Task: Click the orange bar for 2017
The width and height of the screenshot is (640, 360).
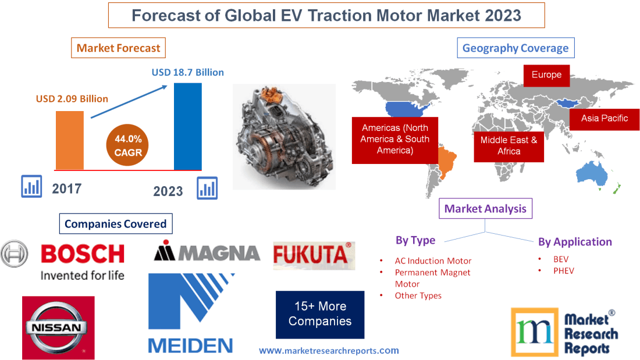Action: point(69,140)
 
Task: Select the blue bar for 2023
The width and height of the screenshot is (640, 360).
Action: point(188,126)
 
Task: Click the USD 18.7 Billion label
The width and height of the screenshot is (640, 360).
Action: point(187,73)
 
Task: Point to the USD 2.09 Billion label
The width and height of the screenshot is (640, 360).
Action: point(72,99)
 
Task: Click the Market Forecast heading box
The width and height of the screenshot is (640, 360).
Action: point(118,48)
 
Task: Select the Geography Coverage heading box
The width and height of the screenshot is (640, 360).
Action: point(515,48)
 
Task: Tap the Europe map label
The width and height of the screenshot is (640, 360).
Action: point(546,75)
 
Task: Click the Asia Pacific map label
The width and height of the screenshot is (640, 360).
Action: point(605,118)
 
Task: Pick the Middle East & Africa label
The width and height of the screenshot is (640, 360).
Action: point(509,145)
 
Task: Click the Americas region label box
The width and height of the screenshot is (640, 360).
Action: point(394,139)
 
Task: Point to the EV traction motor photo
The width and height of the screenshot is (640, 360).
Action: point(284,136)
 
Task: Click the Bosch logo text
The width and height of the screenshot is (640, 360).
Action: point(83,254)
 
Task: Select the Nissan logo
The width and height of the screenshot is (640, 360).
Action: point(58,327)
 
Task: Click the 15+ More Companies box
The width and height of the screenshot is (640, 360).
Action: point(320,314)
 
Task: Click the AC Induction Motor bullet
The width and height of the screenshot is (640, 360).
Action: point(433,261)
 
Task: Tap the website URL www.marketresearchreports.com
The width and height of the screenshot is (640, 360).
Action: point(329,351)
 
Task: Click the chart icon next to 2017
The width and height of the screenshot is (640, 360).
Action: point(31,187)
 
